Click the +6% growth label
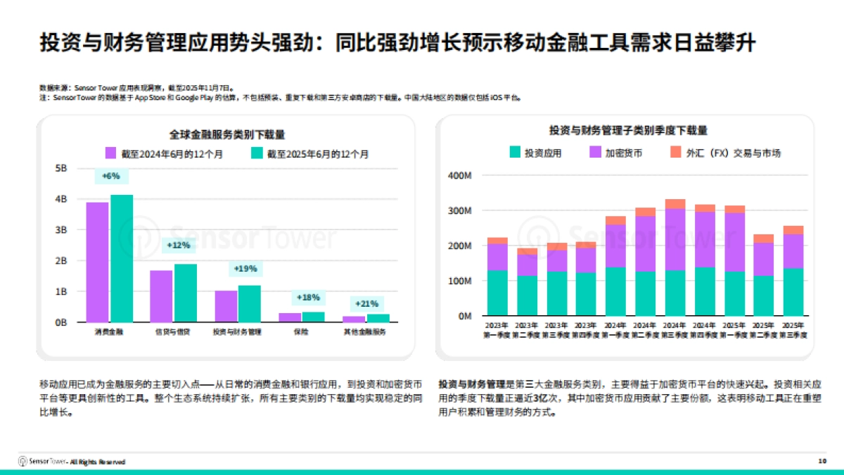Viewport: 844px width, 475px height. coord(110,176)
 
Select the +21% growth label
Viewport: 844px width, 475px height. coord(367,303)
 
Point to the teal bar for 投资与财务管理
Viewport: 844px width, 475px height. coord(249,303)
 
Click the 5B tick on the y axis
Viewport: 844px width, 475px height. coord(60,168)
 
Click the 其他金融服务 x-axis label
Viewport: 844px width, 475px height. coord(365,331)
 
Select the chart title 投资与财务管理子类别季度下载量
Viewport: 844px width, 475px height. coord(627,130)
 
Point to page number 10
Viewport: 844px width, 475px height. coord(822,462)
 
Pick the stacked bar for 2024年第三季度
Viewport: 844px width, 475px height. coord(675,258)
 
